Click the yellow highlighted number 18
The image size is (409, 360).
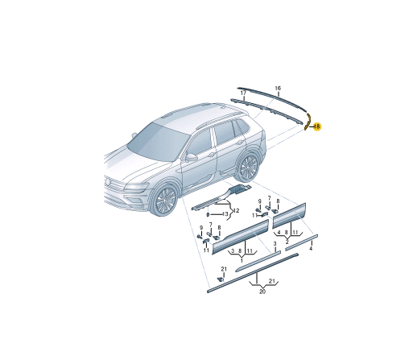point(317,126)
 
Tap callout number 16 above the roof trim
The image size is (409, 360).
point(278,88)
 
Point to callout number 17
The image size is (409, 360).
point(243,93)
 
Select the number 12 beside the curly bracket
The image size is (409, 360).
point(236,211)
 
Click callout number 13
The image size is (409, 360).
point(225,214)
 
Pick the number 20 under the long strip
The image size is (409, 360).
point(262,292)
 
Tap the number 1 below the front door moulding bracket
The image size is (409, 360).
point(242,260)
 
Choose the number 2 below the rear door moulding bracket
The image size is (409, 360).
point(287,242)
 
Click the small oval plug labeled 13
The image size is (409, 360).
point(208,214)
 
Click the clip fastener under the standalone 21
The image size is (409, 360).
point(221,279)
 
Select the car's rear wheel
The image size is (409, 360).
point(248,167)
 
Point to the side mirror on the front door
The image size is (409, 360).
point(191,157)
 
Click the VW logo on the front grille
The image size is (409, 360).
point(108,182)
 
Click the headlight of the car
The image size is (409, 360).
point(137,187)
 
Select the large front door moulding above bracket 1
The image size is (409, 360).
point(240,237)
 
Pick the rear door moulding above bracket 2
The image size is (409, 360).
point(289,216)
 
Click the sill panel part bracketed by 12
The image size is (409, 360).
point(222,197)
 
